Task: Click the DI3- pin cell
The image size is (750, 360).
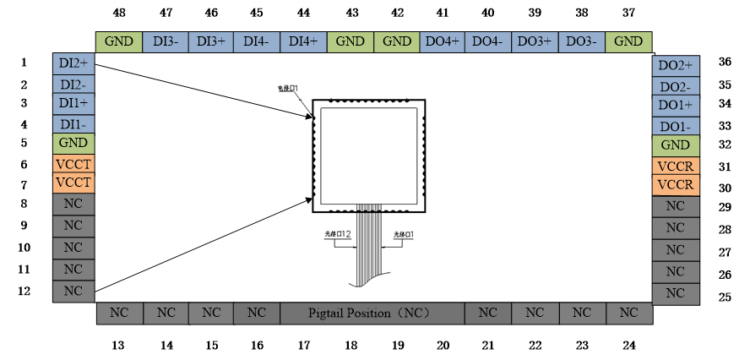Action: pyautogui.click(x=166, y=41)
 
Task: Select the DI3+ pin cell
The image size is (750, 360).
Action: pyautogui.click(x=211, y=41)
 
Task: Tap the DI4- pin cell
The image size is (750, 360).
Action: pyautogui.click(x=257, y=41)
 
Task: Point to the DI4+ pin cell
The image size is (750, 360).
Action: pyautogui.click(x=303, y=41)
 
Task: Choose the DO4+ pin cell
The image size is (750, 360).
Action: pyautogui.click(x=443, y=41)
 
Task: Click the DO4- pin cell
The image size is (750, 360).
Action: pyautogui.click(x=488, y=41)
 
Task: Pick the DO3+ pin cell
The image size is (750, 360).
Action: pyautogui.click(x=535, y=41)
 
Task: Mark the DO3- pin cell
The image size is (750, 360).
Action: pyautogui.click(x=581, y=41)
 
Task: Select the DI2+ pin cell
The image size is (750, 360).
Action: pyautogui.click(x=73, y=64)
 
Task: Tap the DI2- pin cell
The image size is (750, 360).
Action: pyautogui.click(x=73, y=85)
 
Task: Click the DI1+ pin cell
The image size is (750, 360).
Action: pyautogui.click(x=73, y=104)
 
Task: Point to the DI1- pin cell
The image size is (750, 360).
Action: pyautogui.click(x=73, y=124)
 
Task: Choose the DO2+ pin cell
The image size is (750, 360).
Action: pyautogui.click(x=676, y=66)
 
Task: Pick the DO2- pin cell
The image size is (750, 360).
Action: pyautogui.click(x=676, y=86)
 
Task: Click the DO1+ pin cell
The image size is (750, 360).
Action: pyautogui.click(x=676, y=106)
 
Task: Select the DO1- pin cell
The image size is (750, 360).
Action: pyautogui.click(x=676, y=126)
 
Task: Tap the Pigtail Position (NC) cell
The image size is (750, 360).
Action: pyautogui.click(x=372, y=314)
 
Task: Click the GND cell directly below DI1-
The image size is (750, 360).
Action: pyautogui.click(x=73, y=144)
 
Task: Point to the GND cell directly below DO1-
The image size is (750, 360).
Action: pyautogui.click(x=676, y=145)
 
